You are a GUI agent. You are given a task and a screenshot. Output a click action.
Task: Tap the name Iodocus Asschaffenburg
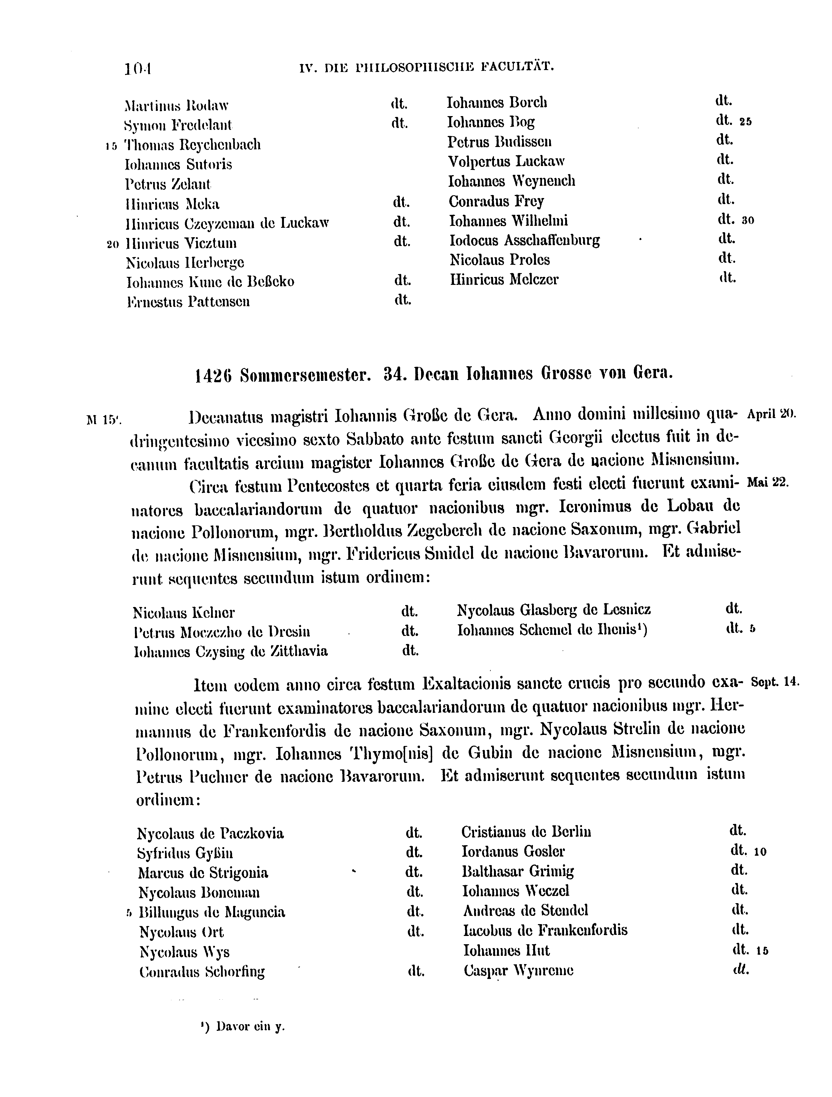[x=524, y=240]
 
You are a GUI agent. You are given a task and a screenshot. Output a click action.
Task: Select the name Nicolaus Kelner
[x=184, y=613]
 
